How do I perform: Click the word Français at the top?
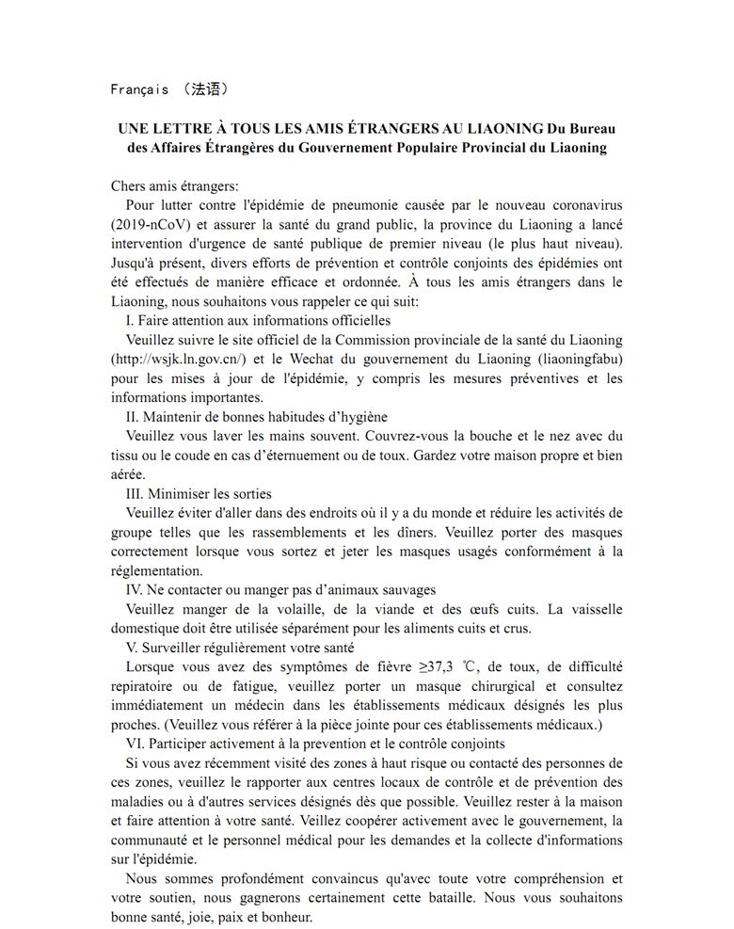(139, 89)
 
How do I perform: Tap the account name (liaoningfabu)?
(577, 359)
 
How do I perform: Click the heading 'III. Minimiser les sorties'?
(199, 493)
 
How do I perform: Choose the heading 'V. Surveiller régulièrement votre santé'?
(240, 648)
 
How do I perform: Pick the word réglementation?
(156, 570)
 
